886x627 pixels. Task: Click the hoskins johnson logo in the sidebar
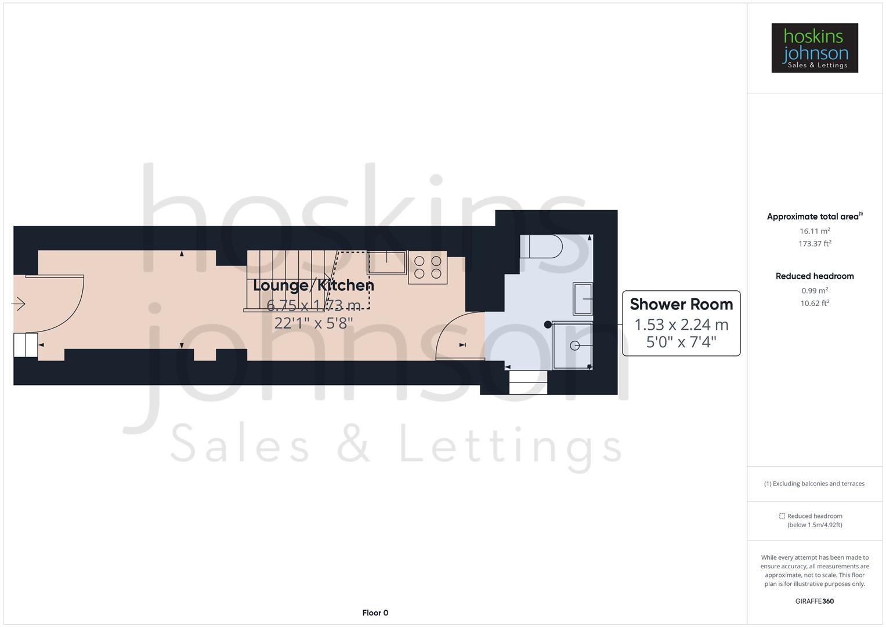tap(814, 48)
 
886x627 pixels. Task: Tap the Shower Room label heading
tap(681, 304)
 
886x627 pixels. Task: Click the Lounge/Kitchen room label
tap(313, 285)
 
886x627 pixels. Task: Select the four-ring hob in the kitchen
tap(428, 268)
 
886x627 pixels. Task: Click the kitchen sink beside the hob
tap(386, 262)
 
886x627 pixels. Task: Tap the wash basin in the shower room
tap(583, 298)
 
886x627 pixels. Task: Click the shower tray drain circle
tap(574, 345)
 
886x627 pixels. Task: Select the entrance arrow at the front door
tap(19, 304)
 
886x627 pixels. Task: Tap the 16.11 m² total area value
tap(815, 231)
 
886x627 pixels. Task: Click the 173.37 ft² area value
tap(815, 244)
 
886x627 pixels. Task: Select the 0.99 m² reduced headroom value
tap(815, 291)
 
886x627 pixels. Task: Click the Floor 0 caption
tap(375, 612)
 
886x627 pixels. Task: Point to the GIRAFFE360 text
tap(814, 601)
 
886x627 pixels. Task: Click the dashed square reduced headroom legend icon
tap(782, 516)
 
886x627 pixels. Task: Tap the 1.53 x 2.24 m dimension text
tap(681, 325)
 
